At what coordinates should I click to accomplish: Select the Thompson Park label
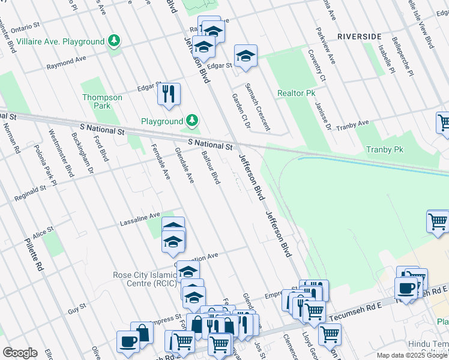pos(102,101)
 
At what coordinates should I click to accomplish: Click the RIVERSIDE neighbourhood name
pos(359,37)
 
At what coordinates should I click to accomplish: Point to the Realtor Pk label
pos(296,94)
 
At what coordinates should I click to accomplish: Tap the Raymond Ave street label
pos(67,61)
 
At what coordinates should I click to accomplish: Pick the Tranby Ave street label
pos(352,125)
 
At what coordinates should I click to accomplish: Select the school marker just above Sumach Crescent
pos(246,56)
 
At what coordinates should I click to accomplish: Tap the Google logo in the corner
pos(20,352)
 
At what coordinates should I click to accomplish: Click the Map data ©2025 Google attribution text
pos(412,355)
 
